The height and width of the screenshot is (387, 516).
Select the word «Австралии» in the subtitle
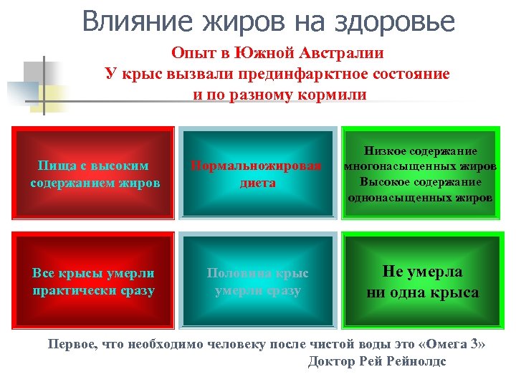tap(343, 53)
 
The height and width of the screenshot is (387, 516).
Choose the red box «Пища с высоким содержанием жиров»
tap(95, 173)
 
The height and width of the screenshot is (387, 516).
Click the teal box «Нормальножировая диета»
tap(257, 173)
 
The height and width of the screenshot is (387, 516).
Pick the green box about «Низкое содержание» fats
tap(419, 173)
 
